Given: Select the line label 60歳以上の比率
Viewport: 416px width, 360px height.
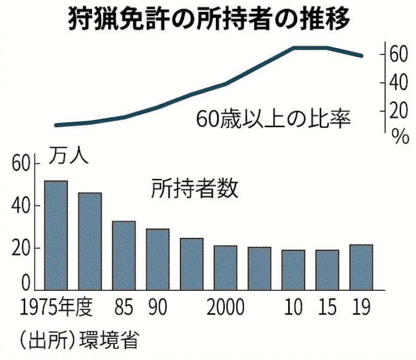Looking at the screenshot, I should point(273,118).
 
